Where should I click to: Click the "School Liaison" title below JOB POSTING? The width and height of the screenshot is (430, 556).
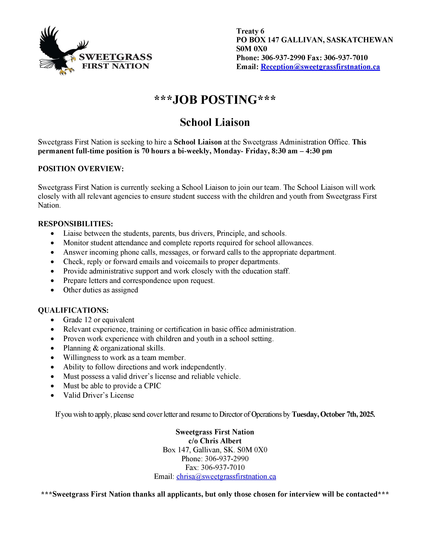click(215, 122)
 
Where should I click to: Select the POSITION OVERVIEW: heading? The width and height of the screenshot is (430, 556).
click(81, 169)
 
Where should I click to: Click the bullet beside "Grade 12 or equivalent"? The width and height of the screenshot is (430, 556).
click(52, 320)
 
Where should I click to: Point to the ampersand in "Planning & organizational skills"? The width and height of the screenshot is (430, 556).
click(95, 348)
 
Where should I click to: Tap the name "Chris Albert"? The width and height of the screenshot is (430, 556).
click(221, 441)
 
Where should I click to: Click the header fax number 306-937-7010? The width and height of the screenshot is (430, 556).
click(346, 58)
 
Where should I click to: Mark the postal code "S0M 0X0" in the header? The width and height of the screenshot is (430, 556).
click(251, 49)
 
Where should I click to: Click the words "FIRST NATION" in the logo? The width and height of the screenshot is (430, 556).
click(115, 66)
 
